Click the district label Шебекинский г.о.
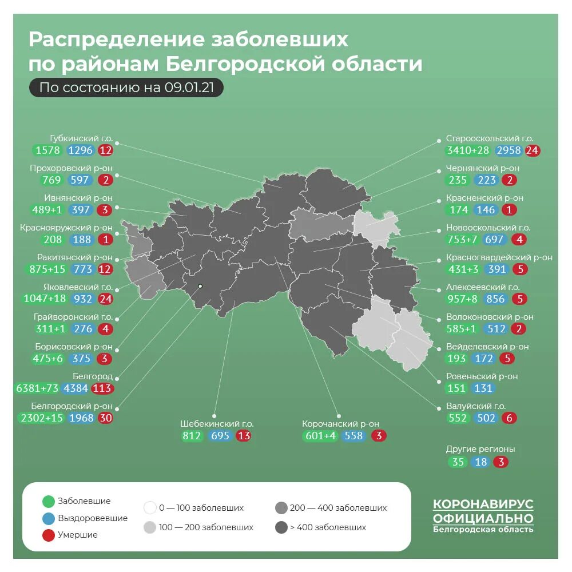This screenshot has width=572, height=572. click(x=217, y=424)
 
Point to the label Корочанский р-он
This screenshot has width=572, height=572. click(x=340, y=424)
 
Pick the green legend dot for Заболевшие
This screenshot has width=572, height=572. click(x=49, y=502)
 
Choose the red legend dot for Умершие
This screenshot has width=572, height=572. click(x=49, y=535)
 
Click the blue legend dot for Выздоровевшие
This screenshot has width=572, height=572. click(x=49, y=518)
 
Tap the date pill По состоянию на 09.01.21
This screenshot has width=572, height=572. click(x=126, y=88)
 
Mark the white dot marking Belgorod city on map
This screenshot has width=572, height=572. click(x=200, y=286)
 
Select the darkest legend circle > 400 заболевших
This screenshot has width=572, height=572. click(x=281, y=527)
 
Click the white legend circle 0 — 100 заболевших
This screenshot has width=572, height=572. click(x=150, y=508)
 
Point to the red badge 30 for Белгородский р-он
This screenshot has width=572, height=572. click(x=105, y=418)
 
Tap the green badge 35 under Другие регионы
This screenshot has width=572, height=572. click(x=458, y=462)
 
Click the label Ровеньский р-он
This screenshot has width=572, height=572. click(x=482, y=376)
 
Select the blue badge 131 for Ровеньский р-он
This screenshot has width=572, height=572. click(x=483, y=388)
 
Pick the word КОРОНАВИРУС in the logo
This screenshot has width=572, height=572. click(x=483, y=505)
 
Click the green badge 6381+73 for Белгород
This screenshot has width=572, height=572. click(x=38, y=388)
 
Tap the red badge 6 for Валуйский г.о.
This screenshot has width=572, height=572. click(x=509, y=418)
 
